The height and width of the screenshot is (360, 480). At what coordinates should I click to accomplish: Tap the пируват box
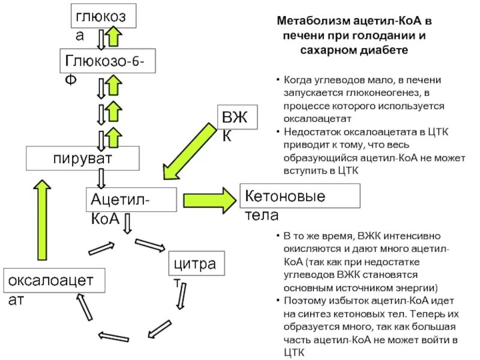pos(82,159)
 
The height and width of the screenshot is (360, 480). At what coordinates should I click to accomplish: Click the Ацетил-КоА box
pos(131,200)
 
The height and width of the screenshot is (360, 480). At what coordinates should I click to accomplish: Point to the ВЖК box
pos(237,115)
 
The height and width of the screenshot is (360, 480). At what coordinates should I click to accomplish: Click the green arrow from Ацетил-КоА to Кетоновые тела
pos(210,199)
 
